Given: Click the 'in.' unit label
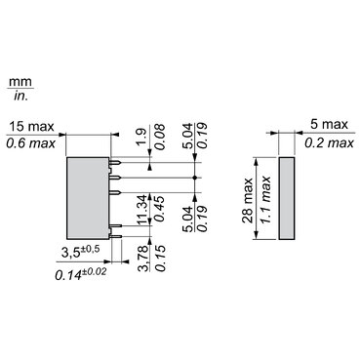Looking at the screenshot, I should [18, 97].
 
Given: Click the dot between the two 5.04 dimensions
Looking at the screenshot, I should [197, 180].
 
